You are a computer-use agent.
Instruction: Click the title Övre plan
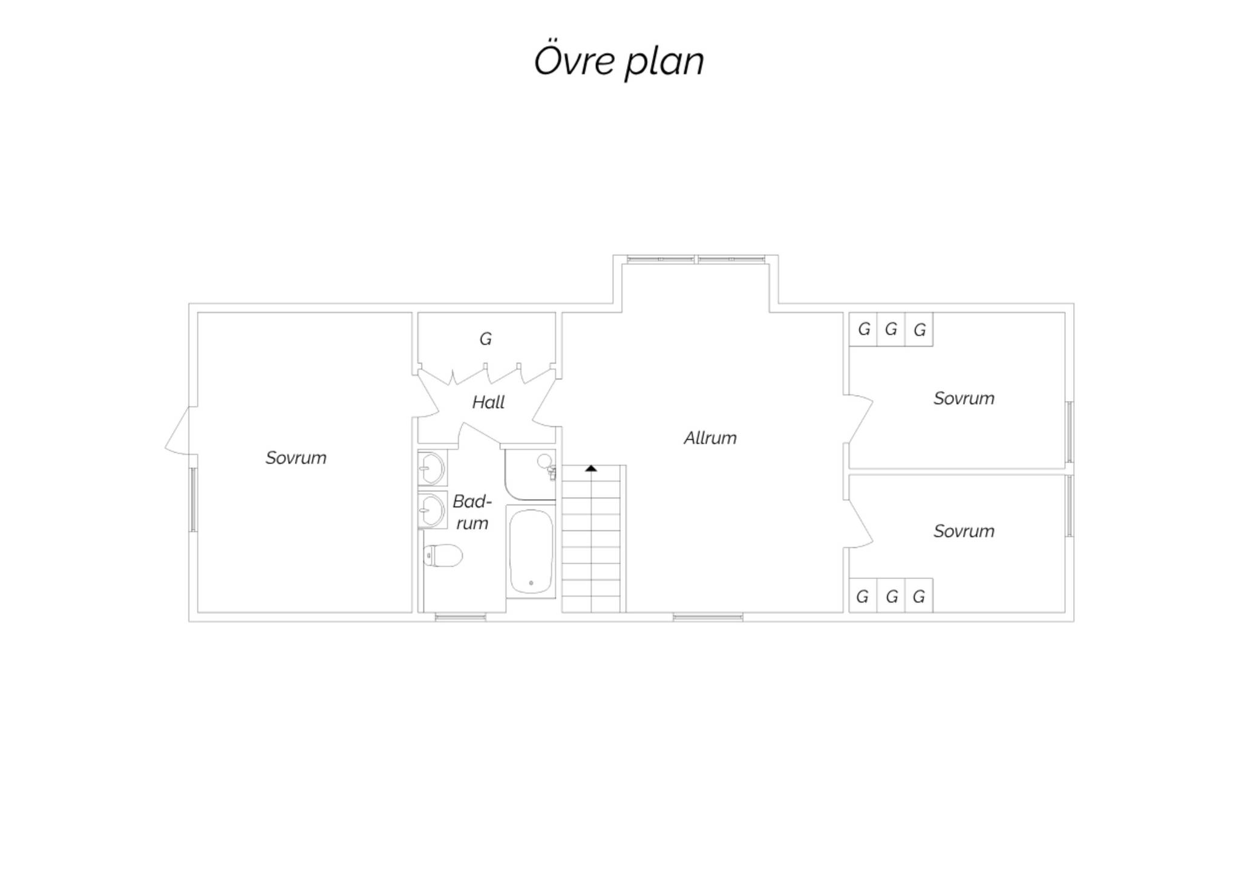[619, 60]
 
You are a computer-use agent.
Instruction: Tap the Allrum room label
[710, 437]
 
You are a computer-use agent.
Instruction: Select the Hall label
[488, 402]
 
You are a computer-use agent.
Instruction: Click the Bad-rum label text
[472, 512]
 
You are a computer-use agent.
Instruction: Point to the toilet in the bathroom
[443, 555]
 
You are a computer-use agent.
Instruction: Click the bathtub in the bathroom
[531, 551]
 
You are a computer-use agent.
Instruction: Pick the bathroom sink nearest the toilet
[432, 509]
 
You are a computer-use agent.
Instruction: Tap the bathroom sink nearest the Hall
[432, 468]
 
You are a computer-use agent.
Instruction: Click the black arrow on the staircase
[591, 468]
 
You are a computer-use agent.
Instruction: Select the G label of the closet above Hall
[485, 339]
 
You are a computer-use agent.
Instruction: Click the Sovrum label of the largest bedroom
[296, 457]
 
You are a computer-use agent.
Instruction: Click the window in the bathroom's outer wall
[460, 617]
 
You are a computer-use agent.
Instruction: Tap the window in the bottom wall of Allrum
[708, 617]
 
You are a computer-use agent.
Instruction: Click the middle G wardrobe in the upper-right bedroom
[891, 329]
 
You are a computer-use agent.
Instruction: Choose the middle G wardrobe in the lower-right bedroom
[891, 597]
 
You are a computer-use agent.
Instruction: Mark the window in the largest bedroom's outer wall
[193, 500]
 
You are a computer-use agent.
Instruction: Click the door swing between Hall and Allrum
[544, 399]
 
